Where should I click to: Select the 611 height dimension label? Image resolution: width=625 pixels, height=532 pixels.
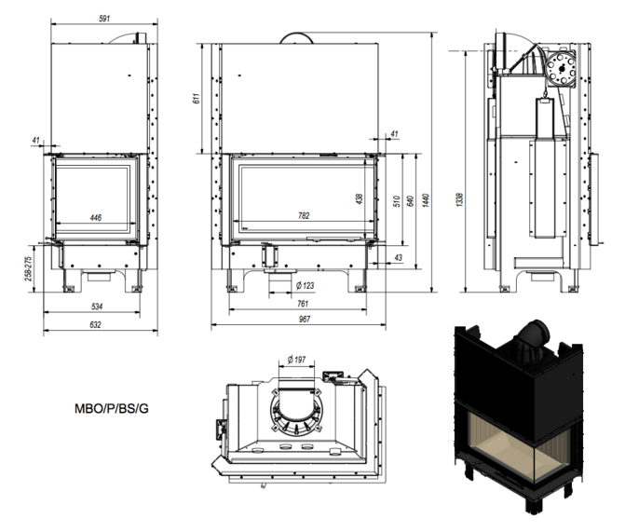pyautogui.click(x=197, y=98)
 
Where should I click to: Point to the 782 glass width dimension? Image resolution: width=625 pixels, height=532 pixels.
pyautogui.click(x=303, y=216)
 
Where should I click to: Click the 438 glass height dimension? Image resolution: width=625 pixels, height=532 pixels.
pyautogui.click(x=359, y=198)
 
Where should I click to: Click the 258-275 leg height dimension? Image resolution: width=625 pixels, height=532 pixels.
pyautogui.click(x=29, y=270)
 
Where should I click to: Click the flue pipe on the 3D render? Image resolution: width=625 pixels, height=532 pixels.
pyautogui.click(x=537, y=334)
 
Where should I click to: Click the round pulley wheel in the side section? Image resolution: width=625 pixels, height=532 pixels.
pyautogui.click(x=562, y=68)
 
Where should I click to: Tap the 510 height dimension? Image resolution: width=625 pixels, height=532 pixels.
pyautogui.click(x=395, y=200)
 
